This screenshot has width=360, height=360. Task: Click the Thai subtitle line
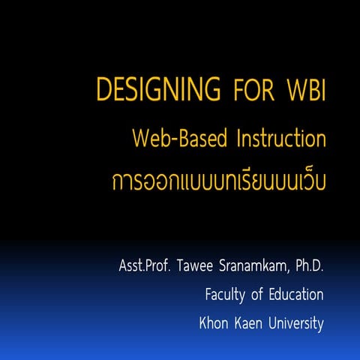click(x=217, y=182)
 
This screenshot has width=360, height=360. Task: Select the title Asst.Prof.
click(x=146, y=266)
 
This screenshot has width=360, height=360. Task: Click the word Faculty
click(x=225, y=295)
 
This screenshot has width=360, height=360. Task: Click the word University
click(x=296, y=324)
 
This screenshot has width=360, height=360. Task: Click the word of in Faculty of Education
click(x=256, y=295)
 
